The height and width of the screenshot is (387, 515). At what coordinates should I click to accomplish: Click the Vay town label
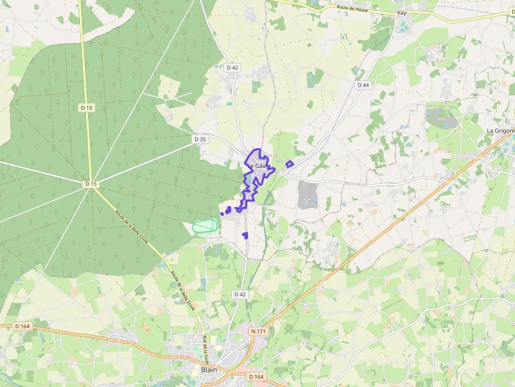click(402, 13)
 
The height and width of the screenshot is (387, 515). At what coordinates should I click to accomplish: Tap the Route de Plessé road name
click(354, 8)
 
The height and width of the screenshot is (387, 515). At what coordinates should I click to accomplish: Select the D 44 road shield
click(363, 85)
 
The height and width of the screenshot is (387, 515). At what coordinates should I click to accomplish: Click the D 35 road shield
click(200, 139)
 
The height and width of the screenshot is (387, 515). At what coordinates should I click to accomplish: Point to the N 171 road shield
click(259, 331)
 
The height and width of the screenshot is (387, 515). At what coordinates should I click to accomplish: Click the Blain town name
click(209, 370)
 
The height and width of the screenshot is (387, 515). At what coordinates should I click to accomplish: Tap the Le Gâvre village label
click(260, 166)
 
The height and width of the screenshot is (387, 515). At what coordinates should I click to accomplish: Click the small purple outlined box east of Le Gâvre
click(290, 164)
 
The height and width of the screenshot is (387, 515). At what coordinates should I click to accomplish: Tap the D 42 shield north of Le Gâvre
click(232, 68)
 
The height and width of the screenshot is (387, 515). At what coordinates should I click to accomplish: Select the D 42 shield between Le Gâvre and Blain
click(240, 295)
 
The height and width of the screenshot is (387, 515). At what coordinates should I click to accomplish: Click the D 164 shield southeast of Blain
click(256, 376)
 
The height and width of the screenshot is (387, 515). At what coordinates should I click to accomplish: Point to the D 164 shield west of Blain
click(23, 326)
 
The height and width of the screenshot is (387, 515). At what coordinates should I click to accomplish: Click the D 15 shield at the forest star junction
click(91, 184)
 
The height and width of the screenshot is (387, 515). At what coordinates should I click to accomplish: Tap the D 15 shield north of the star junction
click(87, 108)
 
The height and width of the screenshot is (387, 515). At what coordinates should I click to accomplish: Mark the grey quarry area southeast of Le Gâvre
click(308, 194)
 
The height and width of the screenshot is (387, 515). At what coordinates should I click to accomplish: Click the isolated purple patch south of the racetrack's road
click(245, 235)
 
